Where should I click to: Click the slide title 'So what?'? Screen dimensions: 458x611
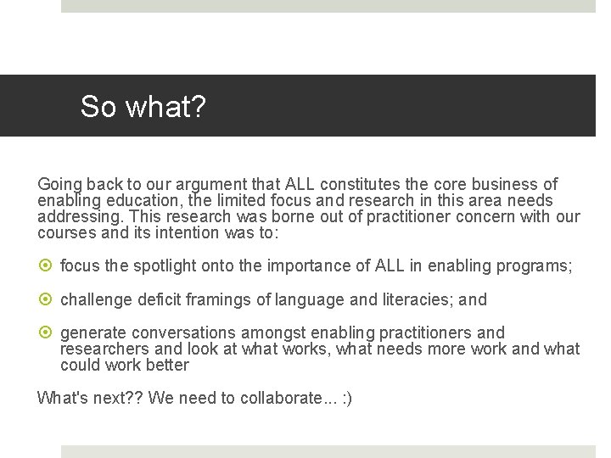[x=143, y=107]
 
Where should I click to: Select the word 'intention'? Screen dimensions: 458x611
[x=188, y=232]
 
